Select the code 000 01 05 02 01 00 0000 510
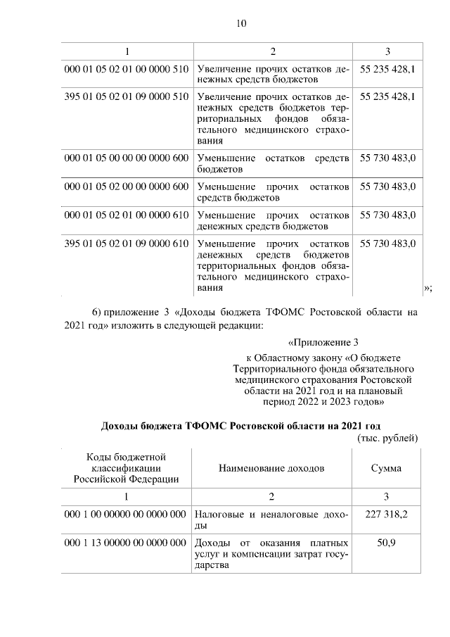(126, 70)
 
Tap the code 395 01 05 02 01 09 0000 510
(126, 96)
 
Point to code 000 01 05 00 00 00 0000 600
(126, 159)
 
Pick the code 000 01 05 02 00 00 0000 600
(126, 187)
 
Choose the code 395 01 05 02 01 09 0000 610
(126, 244)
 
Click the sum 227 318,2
(387, 515)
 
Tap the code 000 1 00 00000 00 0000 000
(126, 515)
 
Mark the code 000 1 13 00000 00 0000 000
(126, 543)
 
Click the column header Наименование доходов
(271, 468)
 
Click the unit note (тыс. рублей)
(388, 437)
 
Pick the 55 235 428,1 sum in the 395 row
(387, 96)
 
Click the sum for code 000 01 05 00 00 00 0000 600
(387, 159)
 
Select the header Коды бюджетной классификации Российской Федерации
(126, 468)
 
